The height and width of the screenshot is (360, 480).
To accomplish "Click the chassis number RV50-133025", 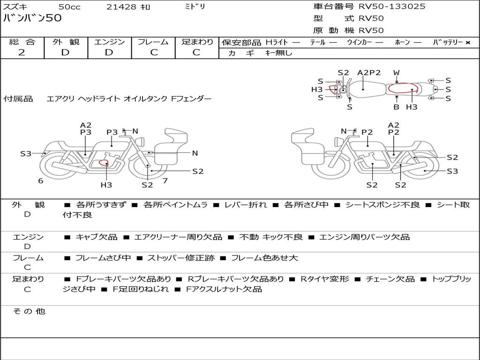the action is [x=392, y=7].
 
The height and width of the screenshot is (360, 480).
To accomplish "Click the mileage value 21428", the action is [x=121, y=7].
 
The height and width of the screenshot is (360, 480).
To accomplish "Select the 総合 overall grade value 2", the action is [x=22, y=52].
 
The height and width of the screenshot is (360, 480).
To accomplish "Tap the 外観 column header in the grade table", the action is [x=66, y=42].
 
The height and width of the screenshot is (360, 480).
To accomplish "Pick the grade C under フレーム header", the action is [x=154, y=52].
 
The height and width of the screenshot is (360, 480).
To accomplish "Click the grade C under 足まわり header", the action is [x=196, y=52].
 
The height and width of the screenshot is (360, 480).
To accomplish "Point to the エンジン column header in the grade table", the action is [x=109, y=42].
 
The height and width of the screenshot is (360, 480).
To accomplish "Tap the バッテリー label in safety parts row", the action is [x=448, y=43].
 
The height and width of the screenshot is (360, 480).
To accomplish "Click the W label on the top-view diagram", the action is [x=397, y=73].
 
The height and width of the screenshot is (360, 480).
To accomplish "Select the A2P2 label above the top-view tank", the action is [x=369, y=73].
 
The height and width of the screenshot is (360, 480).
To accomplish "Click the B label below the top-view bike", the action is [x=397, y=107].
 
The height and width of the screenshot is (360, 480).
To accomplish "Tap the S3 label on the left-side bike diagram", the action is [x=25, y=153].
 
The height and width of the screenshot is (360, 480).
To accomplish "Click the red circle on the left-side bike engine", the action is [x=104, y=163].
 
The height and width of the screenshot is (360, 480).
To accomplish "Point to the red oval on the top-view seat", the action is [x=403, y=89].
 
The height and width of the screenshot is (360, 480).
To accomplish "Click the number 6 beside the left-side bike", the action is [x=41, y=181].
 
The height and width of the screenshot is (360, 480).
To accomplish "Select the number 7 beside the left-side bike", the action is [x=165, y=181].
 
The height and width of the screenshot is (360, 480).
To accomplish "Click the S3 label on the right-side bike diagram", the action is [x=452, y=171].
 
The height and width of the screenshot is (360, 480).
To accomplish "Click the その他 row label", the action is [x=29, y=311].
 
